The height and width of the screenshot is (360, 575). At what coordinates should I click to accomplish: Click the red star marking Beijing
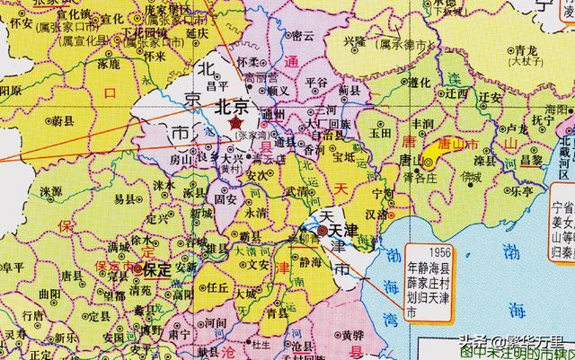[236, 122]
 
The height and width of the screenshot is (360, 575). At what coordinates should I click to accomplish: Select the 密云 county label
[304, 36]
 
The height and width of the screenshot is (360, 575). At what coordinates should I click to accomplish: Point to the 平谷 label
[318, 82]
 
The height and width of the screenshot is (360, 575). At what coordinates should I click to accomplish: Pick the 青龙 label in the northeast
[501, 51]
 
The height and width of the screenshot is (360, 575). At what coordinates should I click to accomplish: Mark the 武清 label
[296, 190]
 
